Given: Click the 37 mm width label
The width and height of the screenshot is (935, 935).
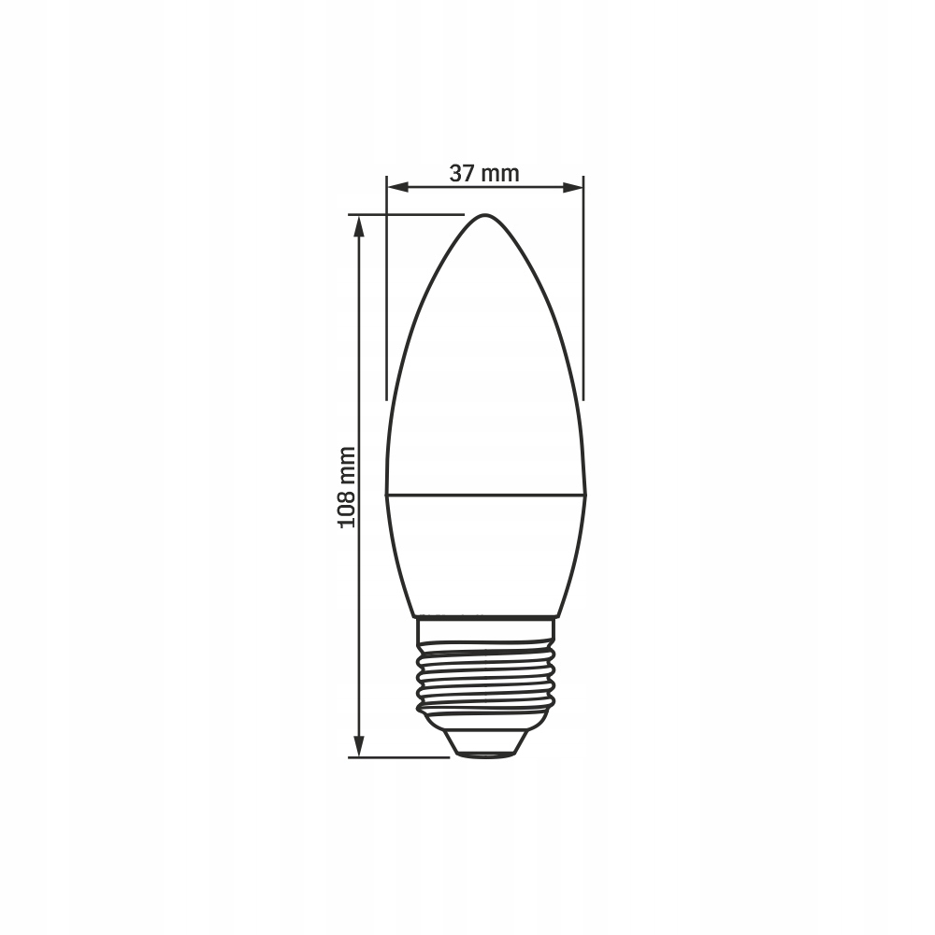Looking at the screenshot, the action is click(x=484, y=174).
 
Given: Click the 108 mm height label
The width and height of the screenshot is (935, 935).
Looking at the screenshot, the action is click(x=347, y=486).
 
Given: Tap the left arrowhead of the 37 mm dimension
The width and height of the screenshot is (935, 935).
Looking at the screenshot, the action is click(x=397, y=188).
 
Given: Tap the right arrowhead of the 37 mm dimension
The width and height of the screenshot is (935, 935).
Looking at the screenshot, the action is click(x=572, y=188).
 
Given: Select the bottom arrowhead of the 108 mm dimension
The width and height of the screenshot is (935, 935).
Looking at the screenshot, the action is click(x=358, y=746).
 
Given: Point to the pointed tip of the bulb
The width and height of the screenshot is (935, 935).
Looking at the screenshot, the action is click(x=485, y=215).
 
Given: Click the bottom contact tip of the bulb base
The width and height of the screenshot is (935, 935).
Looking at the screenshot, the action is click(x=485, y=755).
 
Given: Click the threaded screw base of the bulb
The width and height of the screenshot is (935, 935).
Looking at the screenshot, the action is click(x=485, y=675).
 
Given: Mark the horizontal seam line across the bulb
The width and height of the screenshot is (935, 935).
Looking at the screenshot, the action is click(x=485, y=495).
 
